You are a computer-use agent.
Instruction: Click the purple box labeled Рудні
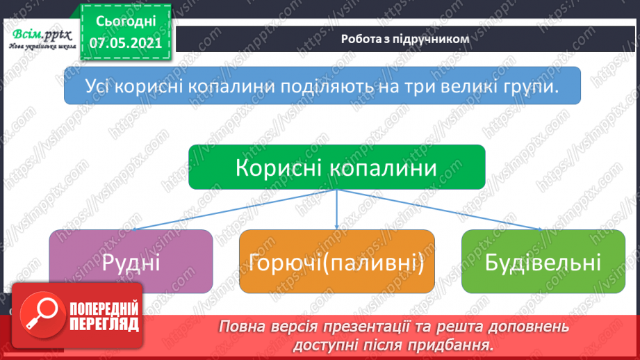(131, 262)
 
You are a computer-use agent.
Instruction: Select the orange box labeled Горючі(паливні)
(337, 262)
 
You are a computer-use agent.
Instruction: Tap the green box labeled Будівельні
(543, 262)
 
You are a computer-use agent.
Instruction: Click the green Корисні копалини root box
(337, 167)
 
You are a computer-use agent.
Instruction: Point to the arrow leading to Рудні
(229, 210)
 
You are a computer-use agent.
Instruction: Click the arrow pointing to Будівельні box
(445, 210)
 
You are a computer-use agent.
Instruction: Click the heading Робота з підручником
(405, 40)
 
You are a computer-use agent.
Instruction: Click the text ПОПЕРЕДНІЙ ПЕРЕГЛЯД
(104, 317)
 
